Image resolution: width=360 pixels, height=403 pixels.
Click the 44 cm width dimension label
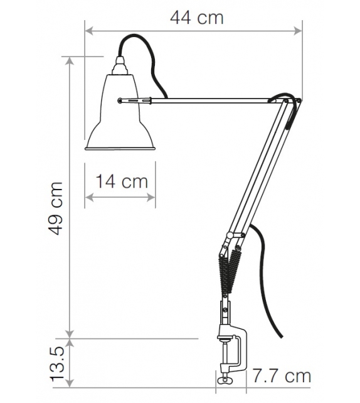tap(196, 17)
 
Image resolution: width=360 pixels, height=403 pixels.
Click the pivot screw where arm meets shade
tap(120, 99)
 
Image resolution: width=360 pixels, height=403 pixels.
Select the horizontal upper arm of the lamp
tap(207, 99)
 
